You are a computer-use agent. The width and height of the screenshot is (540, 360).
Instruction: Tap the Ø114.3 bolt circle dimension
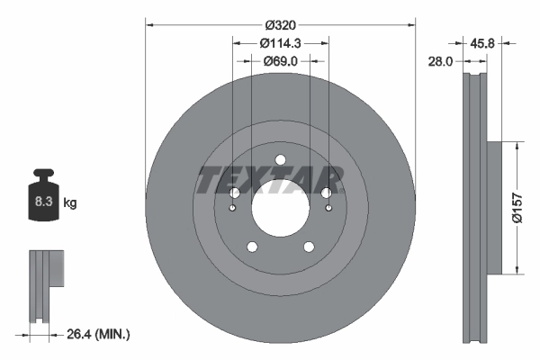[280, 42]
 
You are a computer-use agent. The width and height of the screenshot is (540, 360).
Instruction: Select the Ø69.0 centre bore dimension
[280, 61]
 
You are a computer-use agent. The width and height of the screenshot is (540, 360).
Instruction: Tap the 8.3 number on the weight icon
[42, 202]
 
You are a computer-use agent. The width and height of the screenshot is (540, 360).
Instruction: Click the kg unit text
[70, 203]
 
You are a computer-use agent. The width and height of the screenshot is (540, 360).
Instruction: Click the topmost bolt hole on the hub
[280, 160]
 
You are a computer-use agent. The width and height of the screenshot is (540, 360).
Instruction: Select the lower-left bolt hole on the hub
[251, 247]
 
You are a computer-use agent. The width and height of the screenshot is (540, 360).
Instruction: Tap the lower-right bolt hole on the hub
[309, 247]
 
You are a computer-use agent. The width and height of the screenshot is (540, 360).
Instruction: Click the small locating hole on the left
[232, 209]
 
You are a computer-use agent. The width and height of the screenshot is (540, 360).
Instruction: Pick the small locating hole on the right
[328, 209]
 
